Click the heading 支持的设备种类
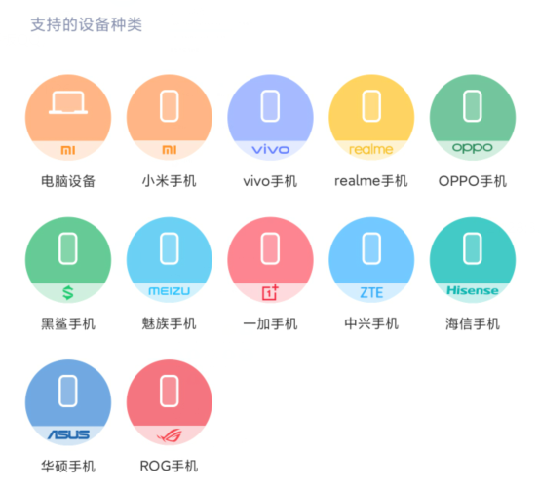pyautogui.click(x=87, y=24)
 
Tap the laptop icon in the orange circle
pyautogui.click(x=68, y=102)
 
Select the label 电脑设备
pyautogui.click(x=68, y=181)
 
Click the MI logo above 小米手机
pyautogui.click(x=170, y=150)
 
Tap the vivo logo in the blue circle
pyautogui.click(x=271, y=149)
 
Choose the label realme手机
pyautogui.click(x=371, y=181)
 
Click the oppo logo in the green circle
pyautogui.click(x=473, y=148)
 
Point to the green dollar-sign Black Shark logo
pyautogui.click(x=68, y=293)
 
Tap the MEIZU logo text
pyautogui.click(x=170, y=291)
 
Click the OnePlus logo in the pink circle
pyautogui.click(x=270, y=292)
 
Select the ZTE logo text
pyautogui.click(x=371, y=293)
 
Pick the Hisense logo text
pyautogui.click(x=473, y=290)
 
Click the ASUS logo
pyautogui.click(x=68, y=434)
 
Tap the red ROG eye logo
pyautogui.click(x=170, y=435)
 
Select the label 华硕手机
pyautogui.click(x=68, y=467)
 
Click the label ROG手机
pyautogui.click(x=169, y=467)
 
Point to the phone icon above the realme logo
pyautogui.click(x=371, y=106)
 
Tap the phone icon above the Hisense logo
pyautogui.click(x=473, y=248)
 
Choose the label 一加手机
pyautogui.click(x=270, y=323)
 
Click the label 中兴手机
pyautogui.click(x=371, y=323)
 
